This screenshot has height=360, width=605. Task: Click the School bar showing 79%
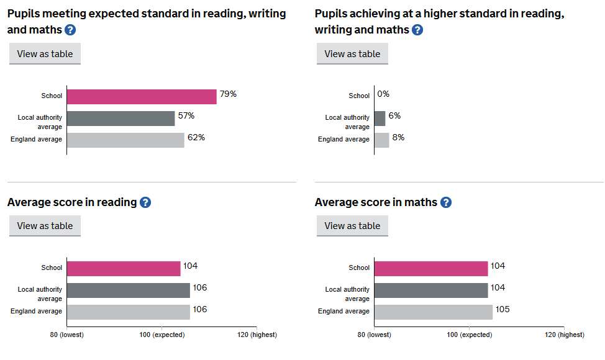pos(142,96)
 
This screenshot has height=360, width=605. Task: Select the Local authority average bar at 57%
pos(121,118)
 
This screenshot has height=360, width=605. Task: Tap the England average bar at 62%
pos(125,140)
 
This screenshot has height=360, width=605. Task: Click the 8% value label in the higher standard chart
pos(398,137)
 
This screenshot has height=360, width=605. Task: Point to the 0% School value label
pos(383,94)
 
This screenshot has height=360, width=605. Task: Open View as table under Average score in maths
pos(352,226)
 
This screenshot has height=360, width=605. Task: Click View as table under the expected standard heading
pos(45,54)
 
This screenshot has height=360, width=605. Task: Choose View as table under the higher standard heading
pos(352,54)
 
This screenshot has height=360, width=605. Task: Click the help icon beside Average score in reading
pos(145,202)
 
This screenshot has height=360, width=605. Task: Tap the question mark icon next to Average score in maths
pos(446,202)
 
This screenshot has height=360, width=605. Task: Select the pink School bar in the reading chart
pos(124,268)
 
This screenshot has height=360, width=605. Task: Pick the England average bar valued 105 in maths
pos(434,312)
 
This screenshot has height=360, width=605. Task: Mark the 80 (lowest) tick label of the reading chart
pos(67,335)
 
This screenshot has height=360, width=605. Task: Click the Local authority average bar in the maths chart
pos(431,290)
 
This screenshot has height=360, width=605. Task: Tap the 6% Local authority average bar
pos(380,118)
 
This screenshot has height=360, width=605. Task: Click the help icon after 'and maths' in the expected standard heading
pos(70,30)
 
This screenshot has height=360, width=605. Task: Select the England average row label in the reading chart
pos(36,312)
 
